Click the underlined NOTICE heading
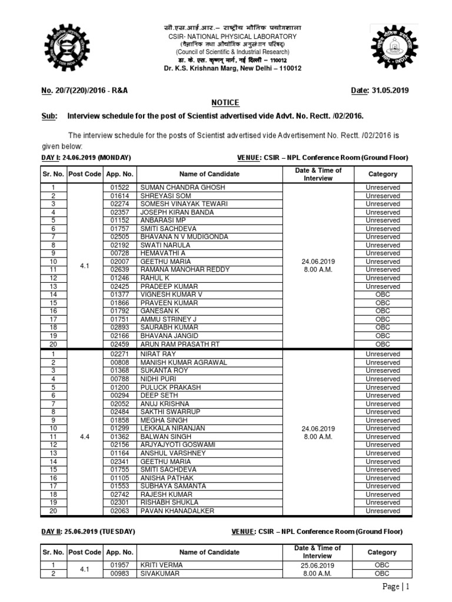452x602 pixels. click(225, 102)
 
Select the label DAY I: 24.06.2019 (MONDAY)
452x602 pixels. click(85, 158)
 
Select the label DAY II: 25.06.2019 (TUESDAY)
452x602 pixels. click(88, 531)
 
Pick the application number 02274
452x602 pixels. click(119, 204)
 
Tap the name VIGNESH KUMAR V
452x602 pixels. click(171, 294)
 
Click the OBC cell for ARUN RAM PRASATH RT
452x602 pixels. click(383, 343)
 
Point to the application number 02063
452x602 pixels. click(119, 511)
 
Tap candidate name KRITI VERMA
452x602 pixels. click(161, 564)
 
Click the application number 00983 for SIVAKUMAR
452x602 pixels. click(119, 573)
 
